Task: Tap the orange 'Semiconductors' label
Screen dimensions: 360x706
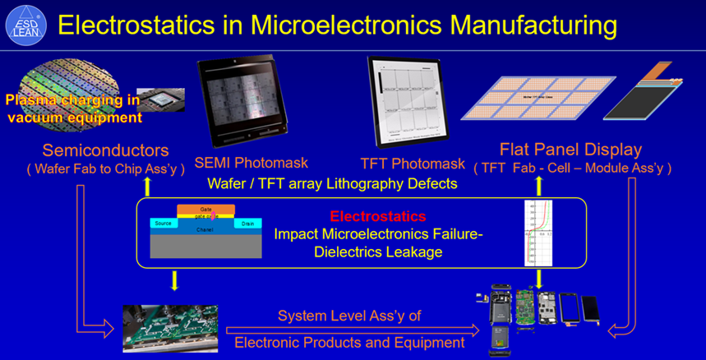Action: (x=106, y=150)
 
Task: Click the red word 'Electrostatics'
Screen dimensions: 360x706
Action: (x=377, y=217)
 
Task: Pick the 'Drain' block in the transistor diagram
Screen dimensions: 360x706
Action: (x=247, y=224)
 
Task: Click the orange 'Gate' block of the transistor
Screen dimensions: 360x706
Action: (x=205, y=209)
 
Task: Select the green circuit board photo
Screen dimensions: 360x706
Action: (x=170, y=326)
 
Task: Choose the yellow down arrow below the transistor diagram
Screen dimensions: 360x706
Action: (x=174, y=281)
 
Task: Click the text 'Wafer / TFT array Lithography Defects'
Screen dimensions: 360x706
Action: (x=332, y=183)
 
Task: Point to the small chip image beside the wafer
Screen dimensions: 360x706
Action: (x=160, y=100)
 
